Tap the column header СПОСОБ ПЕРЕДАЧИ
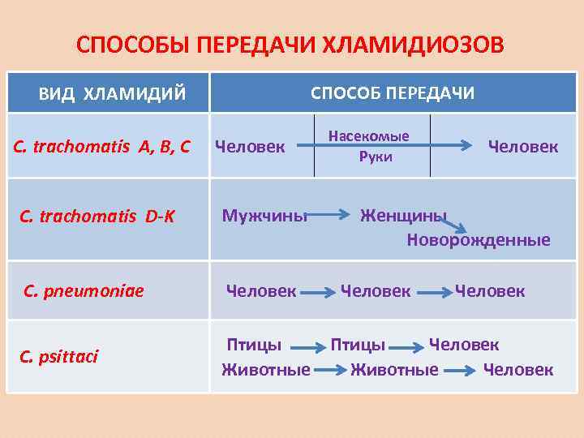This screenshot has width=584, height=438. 393,92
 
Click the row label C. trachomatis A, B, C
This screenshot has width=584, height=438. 102,147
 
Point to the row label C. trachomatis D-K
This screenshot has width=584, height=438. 97,216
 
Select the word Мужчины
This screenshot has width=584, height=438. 264,216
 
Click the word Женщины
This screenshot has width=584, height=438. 402,216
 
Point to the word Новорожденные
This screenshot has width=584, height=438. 478,240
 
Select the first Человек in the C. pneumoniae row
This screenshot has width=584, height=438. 260,290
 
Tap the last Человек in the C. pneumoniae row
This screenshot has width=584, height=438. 489,290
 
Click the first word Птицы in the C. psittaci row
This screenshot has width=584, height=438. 254,345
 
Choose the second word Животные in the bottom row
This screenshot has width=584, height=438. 394,370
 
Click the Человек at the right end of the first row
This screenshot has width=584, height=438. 522,146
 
